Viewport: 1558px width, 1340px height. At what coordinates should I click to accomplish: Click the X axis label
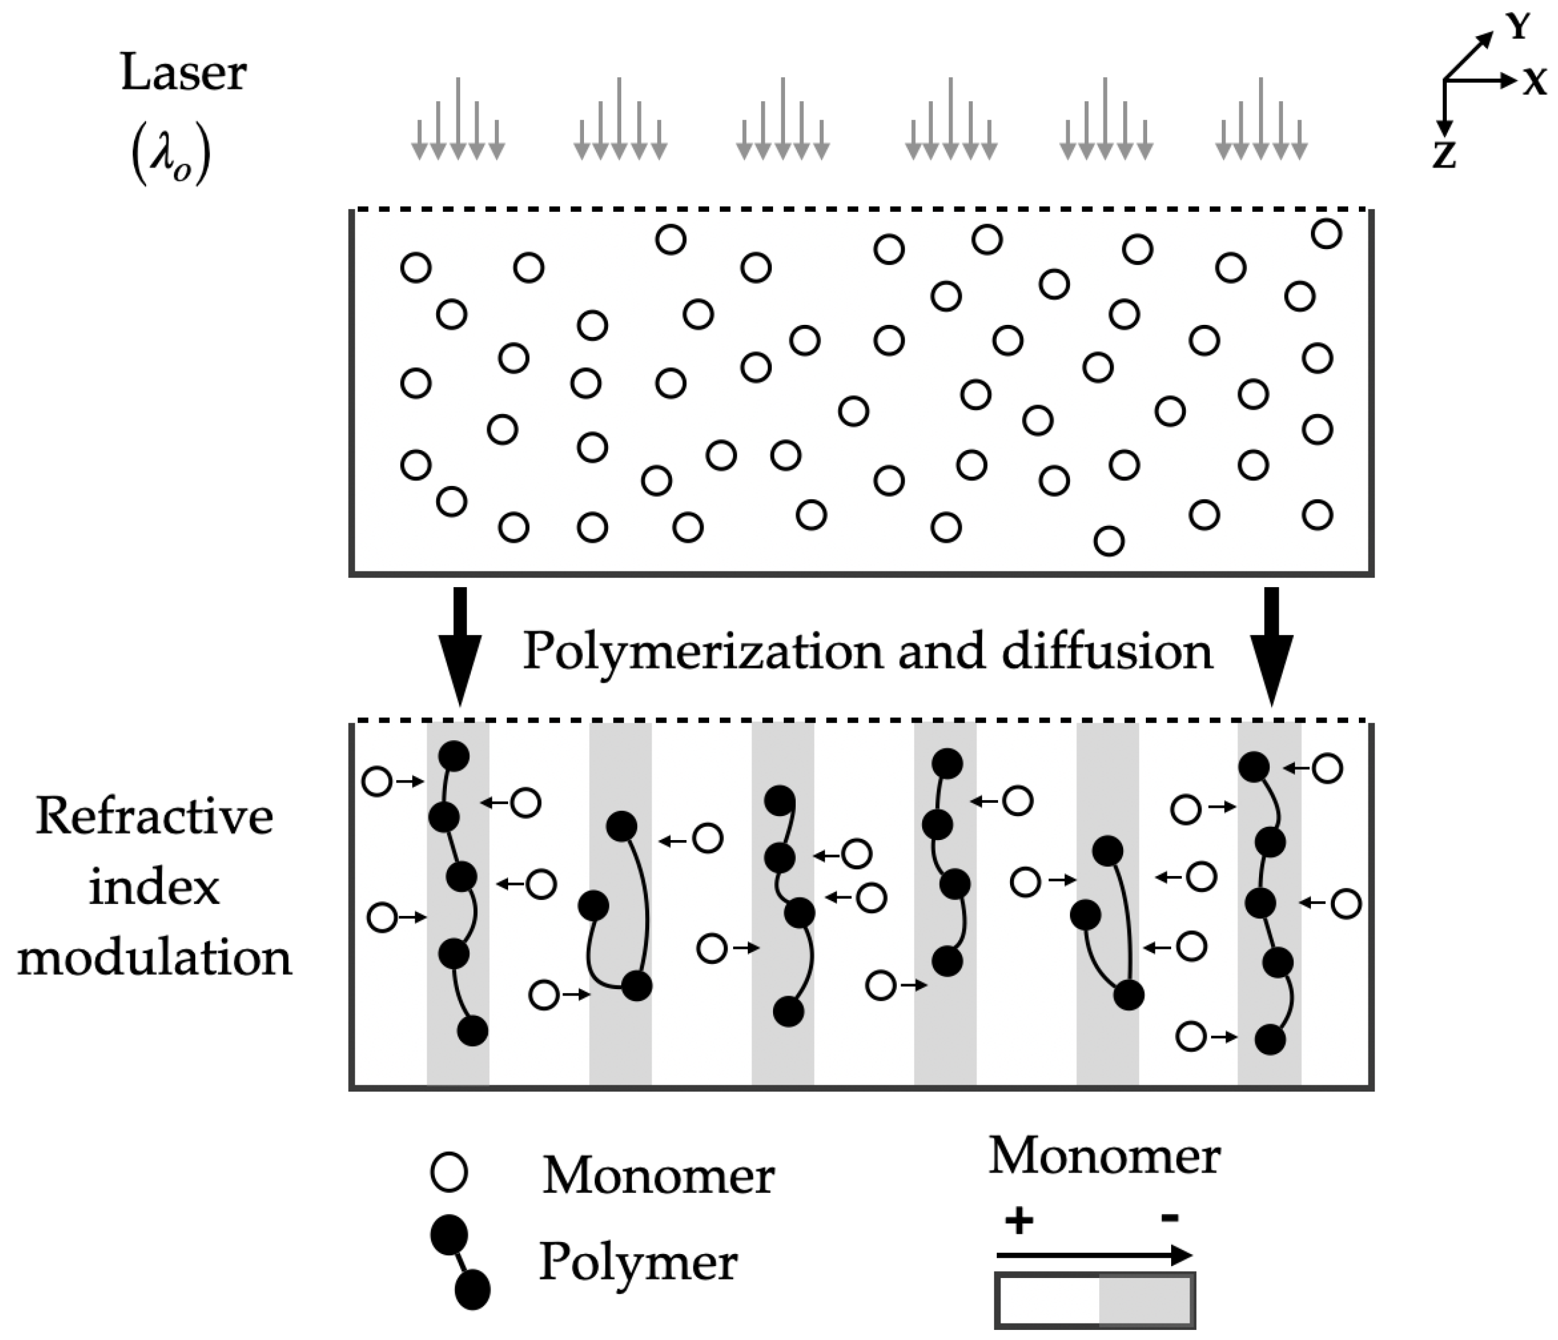coord(1534,81)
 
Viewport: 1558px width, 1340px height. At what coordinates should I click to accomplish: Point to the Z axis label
coord(1444,155)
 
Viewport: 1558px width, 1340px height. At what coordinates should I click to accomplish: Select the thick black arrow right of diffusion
coord(1272,647)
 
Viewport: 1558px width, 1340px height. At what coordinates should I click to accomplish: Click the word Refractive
coord(154,817)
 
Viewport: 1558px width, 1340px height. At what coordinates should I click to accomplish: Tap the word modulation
coord(154,958)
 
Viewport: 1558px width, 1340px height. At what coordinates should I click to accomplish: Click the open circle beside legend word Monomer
coord(449,1172)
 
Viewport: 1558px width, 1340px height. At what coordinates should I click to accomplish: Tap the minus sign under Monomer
coord(1169,1217)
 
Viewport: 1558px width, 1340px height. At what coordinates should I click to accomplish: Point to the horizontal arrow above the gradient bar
coord(1094,1255)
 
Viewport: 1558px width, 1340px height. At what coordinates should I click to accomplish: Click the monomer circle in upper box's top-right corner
coord(1327,234)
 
